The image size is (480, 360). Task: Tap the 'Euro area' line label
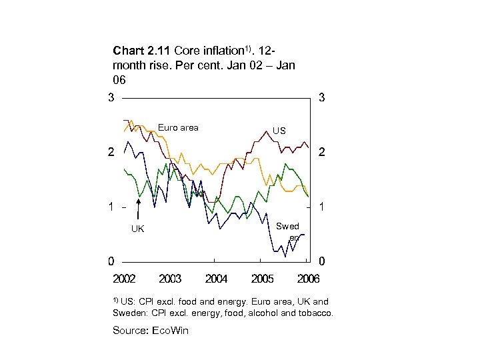click(x=178, y=127)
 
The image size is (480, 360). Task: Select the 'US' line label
click(x=279, y=131)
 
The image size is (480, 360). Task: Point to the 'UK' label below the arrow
click(x=137, y=229)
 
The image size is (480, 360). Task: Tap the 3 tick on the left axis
click(x=111, y=98)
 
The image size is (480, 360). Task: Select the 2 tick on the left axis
click(x=111, y=153)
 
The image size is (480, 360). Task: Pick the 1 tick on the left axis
click(x=111, y=207)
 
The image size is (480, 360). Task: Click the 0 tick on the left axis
click(x=111, y=261)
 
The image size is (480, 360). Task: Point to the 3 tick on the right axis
click(x=321, y=98)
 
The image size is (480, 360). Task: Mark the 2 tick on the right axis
click(x=321, y=153)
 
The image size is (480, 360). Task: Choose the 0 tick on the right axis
click(x=321, y=261)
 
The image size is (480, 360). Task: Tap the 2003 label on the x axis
click(x=170, y=279)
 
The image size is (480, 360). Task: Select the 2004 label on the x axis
click(x=216, y=279)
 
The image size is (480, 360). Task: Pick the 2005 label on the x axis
click(x=262, y=279)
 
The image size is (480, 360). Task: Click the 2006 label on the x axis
click(x=307, y=279)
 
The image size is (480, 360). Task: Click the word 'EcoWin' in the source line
click(x=171, y=331)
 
